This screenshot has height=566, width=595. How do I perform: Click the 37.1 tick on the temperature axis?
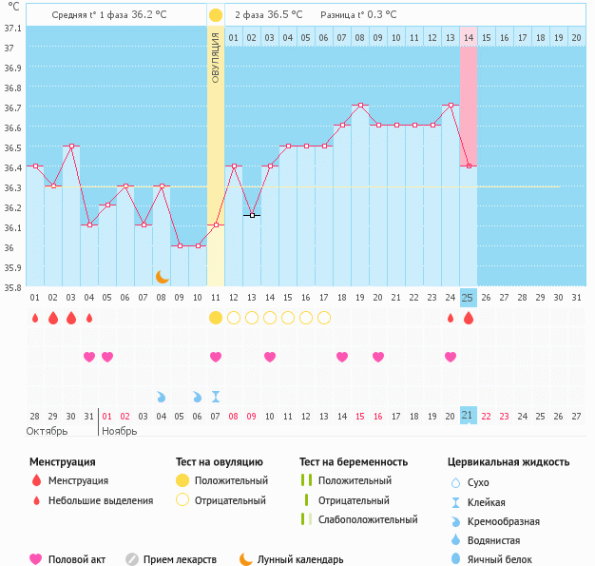(x=12, y=28)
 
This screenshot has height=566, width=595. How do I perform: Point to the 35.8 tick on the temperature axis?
(x=12, y=288)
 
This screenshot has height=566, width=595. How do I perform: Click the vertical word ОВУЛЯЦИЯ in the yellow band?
(x=216, y=57)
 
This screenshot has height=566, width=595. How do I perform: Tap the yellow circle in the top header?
(x=216, y=15)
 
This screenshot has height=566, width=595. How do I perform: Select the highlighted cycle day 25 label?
(x=468, y=298)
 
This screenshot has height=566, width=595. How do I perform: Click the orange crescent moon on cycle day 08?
(x=163, y=276)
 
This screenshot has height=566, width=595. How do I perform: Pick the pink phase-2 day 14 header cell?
(x=468, y=37)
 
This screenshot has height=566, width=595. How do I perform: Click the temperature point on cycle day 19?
(x=359, y=105)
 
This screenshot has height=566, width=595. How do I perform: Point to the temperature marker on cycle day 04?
(x=89, y=224)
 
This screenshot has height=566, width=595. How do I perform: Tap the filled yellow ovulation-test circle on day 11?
(x=216, y=318)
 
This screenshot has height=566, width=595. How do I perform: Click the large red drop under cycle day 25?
(x=468, y=318)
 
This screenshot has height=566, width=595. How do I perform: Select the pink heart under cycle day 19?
(x=341, y=357)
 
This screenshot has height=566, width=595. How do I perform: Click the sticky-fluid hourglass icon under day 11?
(x=216, y=396)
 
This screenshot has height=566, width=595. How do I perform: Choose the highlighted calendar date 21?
(x=468, y=416)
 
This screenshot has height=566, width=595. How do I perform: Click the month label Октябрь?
(x=47, y=431)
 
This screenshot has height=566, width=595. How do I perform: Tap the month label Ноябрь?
(x=119, y=431)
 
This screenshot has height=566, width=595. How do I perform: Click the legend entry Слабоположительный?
(x=368, y=519)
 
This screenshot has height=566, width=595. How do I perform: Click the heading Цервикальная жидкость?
(x=509, y=461)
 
